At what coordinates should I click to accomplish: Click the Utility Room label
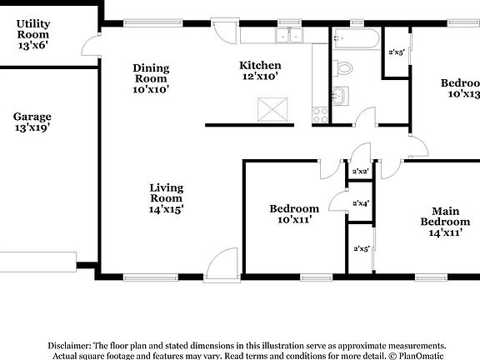pos(33,35)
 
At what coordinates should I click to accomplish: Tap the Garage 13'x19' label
pos(32,123)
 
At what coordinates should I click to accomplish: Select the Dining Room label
pos(150,78)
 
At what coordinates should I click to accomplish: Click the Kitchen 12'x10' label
pos(260,71)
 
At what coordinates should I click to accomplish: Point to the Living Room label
pos(166,198)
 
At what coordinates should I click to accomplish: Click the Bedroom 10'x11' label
pos(293,214)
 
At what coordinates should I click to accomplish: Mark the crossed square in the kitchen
pos(271,109)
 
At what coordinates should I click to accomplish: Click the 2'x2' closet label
pos(360,171)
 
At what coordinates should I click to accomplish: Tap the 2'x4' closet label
pos(361,202)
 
